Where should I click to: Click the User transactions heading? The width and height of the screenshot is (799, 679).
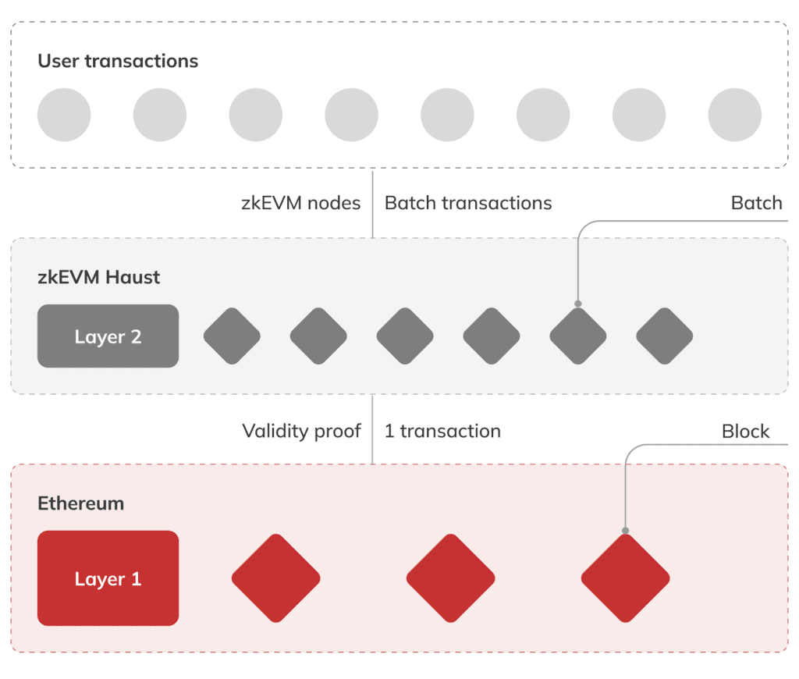coord(118,61)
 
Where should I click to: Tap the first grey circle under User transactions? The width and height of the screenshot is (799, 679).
coord(64,115)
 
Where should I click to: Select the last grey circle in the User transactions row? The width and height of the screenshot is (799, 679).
coord(734,115)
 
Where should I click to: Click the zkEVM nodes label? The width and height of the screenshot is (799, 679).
coord(301,204)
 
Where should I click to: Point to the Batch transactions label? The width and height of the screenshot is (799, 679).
coord(468,204)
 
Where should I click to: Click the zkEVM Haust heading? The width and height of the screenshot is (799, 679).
coord(99,277)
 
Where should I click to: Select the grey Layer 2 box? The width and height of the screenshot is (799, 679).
coord(108,336)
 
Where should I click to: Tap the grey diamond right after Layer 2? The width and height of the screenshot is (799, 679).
coord(232,336)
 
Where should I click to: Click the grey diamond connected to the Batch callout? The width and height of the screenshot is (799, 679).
coord(577,336)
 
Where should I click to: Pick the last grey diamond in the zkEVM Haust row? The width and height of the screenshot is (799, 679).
coord(664,336)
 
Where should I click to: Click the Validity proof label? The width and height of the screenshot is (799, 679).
coord(302,431)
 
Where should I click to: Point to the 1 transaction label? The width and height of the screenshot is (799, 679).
coord(442,431)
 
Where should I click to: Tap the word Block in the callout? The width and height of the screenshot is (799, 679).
coord(745,432)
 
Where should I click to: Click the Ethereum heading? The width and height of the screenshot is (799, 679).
coord(81,503)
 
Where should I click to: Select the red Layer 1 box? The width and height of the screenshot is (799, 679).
coord(108,578)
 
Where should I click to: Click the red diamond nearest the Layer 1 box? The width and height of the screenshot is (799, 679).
coord(275,578)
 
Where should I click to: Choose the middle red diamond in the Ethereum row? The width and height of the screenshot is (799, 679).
coord(450,578)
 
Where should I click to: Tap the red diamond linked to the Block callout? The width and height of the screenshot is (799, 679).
coord(625,578)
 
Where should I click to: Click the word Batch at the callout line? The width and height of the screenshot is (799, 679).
coord(756,204)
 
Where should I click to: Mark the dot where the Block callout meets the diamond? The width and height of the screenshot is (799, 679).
coord(625,531)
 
